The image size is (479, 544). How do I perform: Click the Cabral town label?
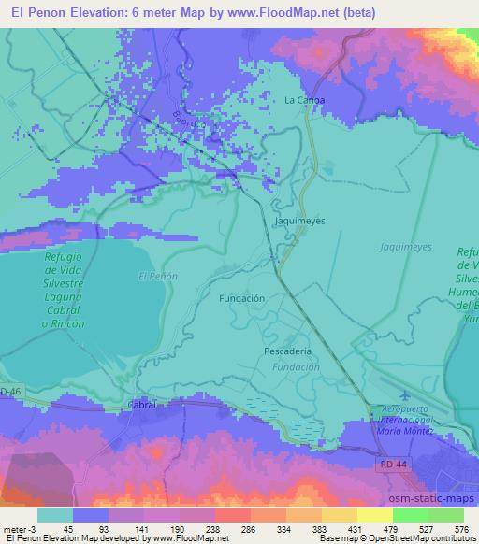click(140, 406)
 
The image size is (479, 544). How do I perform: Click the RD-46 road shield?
click(9, 390)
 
